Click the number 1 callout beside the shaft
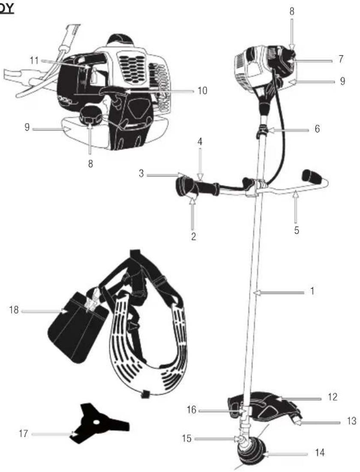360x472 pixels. click(312, 291)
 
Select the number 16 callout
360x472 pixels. click(192, 411)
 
